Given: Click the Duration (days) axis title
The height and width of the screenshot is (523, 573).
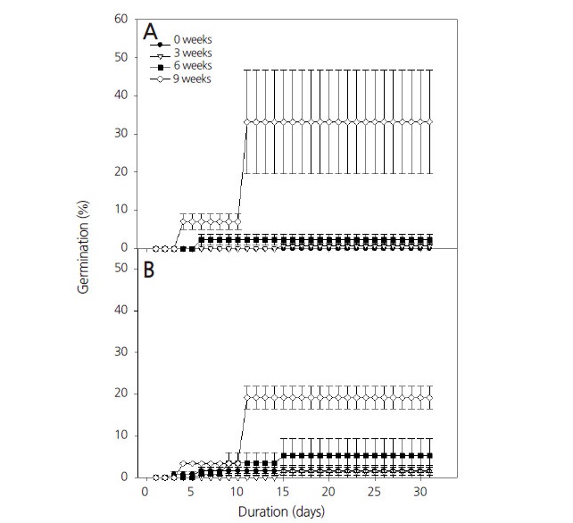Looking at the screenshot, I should coord(281,513).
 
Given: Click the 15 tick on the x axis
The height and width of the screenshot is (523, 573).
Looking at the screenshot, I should coord(283,492).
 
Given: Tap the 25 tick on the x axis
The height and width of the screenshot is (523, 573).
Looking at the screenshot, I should coord(375,492).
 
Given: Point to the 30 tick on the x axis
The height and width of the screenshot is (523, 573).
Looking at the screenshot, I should coord(420,492).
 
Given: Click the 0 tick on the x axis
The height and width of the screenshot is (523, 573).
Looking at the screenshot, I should coord(145,492).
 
